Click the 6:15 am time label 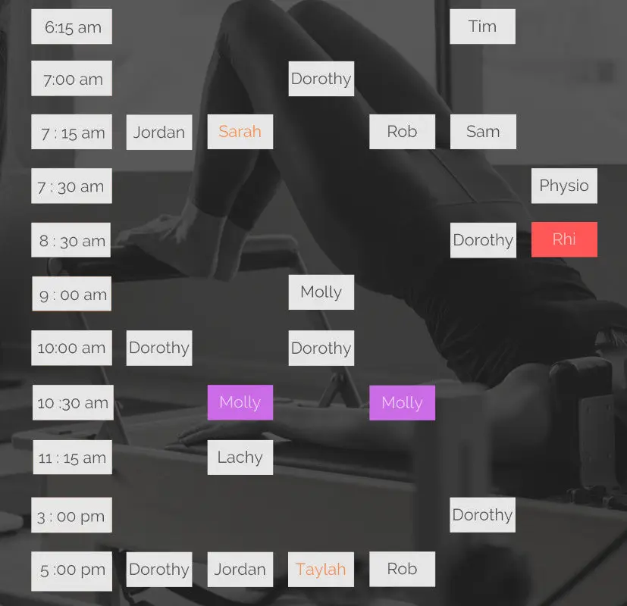tap(71, 27)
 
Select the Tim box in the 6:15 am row tap(482, 27)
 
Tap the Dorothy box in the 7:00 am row tap(321, 79)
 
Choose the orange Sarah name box tap(240, 132)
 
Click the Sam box tap(483, 132)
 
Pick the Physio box tap(564, 186)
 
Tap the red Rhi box tap(564, 239)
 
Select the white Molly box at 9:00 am tap(321, 292)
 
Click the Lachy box tap(240, 458)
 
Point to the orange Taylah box tap(321, 569)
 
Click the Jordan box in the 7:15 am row tap(159, 133)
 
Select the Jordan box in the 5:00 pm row tap(240, 569)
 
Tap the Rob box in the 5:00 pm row tap(402, 569)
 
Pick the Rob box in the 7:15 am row tap(402, 132)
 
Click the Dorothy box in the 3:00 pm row tap(482, 515)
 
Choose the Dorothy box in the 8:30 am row tap(483, 240)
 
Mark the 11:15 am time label tap(72, 458)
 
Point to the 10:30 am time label tap(73, 403)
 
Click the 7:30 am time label tap(71, 186)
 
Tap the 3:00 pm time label tap(71, 515)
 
